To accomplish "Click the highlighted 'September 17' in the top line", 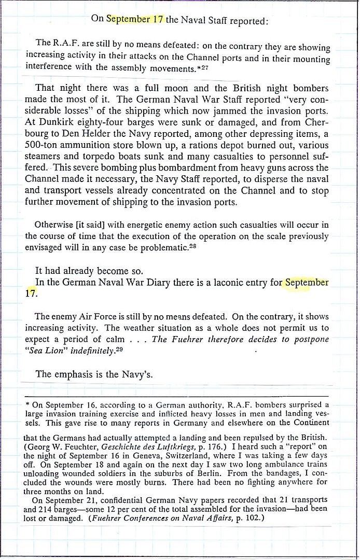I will (x=135, y=19).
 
